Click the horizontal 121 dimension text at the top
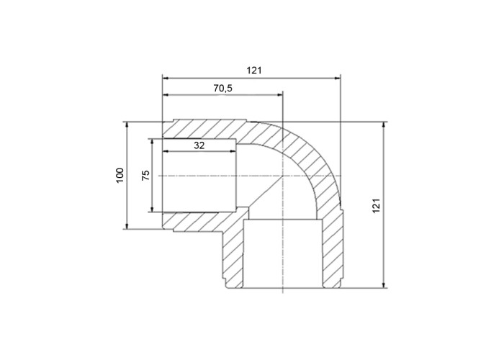point(254,71)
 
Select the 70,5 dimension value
point(222,88)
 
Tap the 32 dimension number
point(199,145)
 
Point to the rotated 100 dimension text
point(120,176)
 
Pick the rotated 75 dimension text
point(145,175)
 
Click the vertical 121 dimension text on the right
point(377,205)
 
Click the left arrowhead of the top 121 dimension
point(165,78)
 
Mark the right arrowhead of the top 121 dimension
point(338,78)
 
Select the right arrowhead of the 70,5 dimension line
point(279,95)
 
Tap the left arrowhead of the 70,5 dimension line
point(165,95)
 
